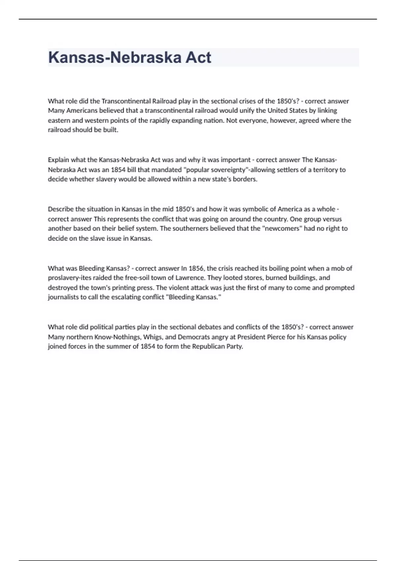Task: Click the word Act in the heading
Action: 198,57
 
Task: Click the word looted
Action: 233,278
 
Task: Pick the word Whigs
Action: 153,337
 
